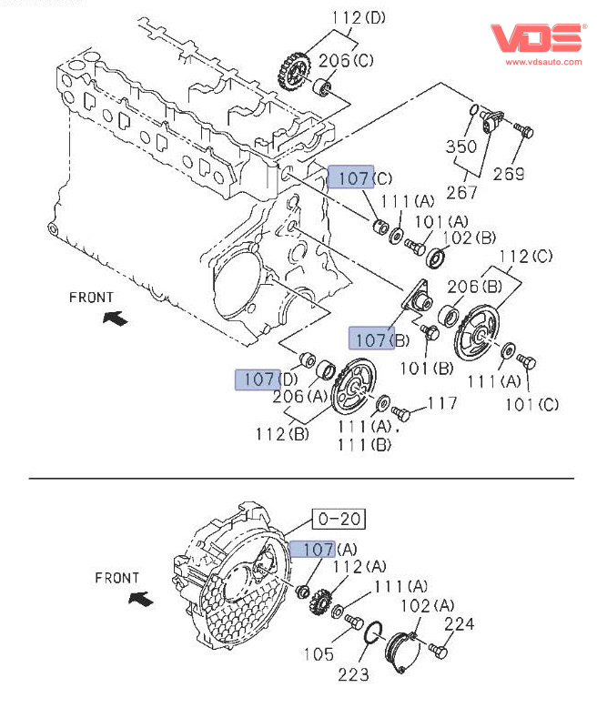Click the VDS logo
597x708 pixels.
tap(537, 38)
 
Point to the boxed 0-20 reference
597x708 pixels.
tap(339, 520)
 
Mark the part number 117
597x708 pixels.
tap(444, 403)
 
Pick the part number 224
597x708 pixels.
tap(460, 624)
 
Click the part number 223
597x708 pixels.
tap(355, 674)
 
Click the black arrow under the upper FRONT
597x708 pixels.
tap(115, 318)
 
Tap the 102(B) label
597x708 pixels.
tap(471, 238)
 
